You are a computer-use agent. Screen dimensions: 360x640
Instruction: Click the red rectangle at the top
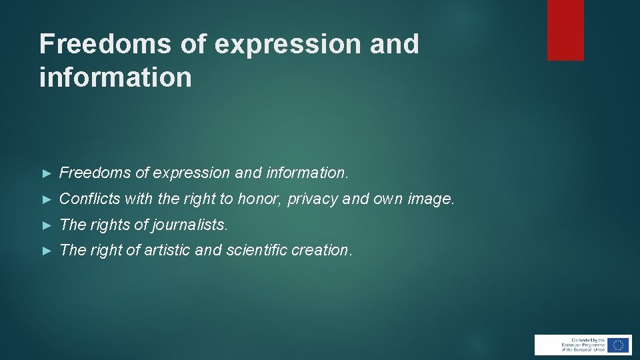(565, 29)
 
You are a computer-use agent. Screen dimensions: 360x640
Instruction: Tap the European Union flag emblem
(618, 345)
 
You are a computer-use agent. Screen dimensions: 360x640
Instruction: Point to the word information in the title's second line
(115, 77)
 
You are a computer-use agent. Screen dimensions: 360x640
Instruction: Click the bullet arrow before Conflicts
(46, 199)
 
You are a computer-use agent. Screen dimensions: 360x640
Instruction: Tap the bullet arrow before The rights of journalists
(46, 225)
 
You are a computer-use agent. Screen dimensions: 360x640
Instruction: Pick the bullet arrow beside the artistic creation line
(46, 251)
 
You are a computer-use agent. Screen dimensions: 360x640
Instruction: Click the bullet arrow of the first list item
(46, 173)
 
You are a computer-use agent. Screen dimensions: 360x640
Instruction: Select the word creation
(325, 250)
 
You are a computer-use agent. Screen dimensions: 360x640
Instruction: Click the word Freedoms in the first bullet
(95, 173)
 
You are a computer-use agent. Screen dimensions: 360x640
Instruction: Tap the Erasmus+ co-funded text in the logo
(573, 345)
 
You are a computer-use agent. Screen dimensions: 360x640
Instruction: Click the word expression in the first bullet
(191, 173)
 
